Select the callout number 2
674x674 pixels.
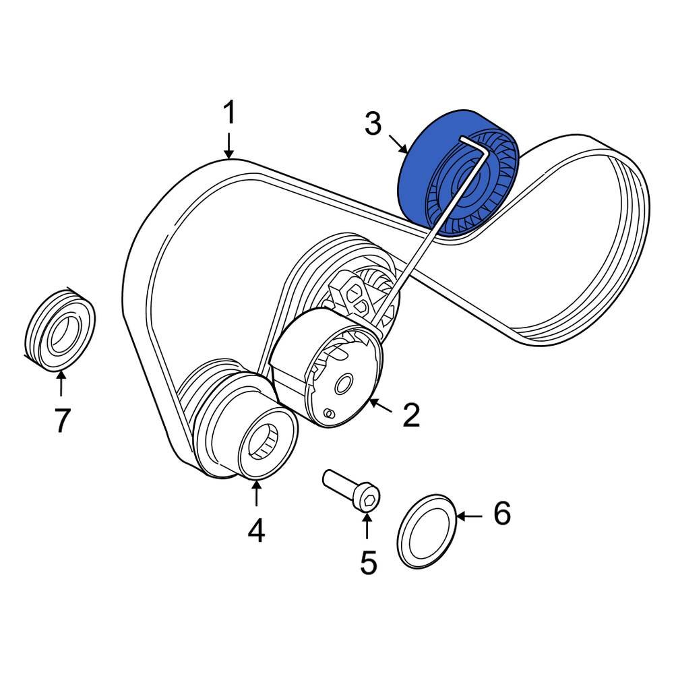point(410,415)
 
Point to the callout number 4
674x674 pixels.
point(255,530)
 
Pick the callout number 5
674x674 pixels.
point(368,561)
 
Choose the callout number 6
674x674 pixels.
point(502,514)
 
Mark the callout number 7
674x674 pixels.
point(61,421)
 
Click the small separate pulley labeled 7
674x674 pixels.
point(59,330)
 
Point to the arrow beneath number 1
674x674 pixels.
point(230,145)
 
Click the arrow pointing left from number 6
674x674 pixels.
point(470,516)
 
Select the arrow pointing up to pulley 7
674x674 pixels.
point(61,384)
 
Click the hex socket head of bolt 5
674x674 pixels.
point(369,500)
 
